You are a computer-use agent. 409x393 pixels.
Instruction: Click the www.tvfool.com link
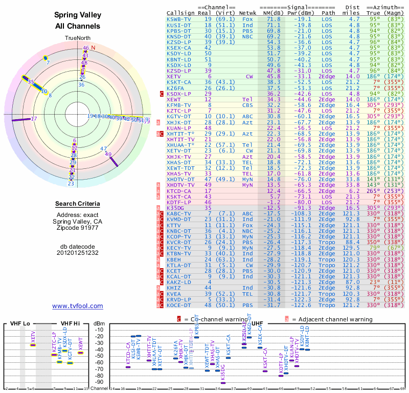(x=78, y=306)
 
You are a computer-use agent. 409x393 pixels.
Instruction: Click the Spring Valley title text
(x=78, y=16)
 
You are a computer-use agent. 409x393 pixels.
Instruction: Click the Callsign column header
(x=179, y=13)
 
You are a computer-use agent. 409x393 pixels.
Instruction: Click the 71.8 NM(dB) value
(x=273, y=19)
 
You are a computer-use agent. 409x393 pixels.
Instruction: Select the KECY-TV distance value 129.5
(x=354, y=248)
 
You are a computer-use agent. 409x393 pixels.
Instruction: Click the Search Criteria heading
(x=78, y=204)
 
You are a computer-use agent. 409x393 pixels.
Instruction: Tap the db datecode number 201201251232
(x=78, y=253)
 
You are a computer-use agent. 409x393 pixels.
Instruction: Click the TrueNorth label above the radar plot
(x=77, y=38)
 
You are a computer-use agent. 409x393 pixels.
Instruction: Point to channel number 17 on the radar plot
(x=34, y=119)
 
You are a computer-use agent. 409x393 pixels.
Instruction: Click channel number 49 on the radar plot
(x=108, y=154)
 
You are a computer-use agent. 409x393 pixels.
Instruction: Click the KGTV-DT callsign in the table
(x=179, y=116)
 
